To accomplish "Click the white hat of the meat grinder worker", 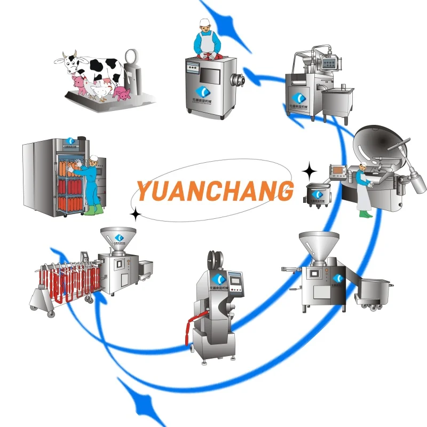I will click(203, 22).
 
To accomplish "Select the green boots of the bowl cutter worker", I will click(366, 213).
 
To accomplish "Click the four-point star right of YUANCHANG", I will click(309, 172).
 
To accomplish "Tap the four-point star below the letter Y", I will click(136, 215).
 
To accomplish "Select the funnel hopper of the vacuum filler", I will click(319, 243).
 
